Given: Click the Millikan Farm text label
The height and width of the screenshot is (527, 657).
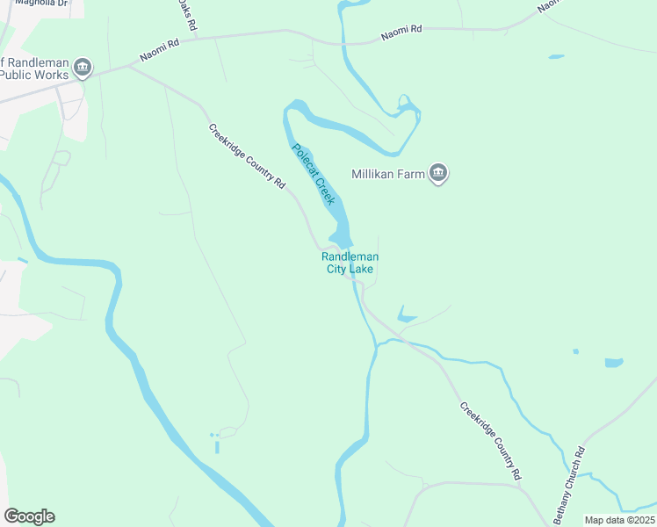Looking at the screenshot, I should [388, 173].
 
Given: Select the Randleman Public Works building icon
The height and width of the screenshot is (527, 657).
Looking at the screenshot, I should [83, 68].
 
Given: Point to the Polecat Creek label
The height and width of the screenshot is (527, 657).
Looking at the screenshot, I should [314, 174].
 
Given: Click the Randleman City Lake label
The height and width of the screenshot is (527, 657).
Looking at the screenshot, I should [350, 263].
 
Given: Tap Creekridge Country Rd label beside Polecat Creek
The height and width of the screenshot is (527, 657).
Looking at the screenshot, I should [248, 157].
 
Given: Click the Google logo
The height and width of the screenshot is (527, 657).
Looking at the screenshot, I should [29, 516].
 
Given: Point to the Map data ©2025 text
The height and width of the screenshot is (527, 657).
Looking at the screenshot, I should [619, 520].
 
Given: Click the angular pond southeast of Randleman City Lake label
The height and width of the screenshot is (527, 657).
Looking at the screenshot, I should [406, 314].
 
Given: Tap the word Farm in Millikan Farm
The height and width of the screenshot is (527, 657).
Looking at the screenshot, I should [413, 173].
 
